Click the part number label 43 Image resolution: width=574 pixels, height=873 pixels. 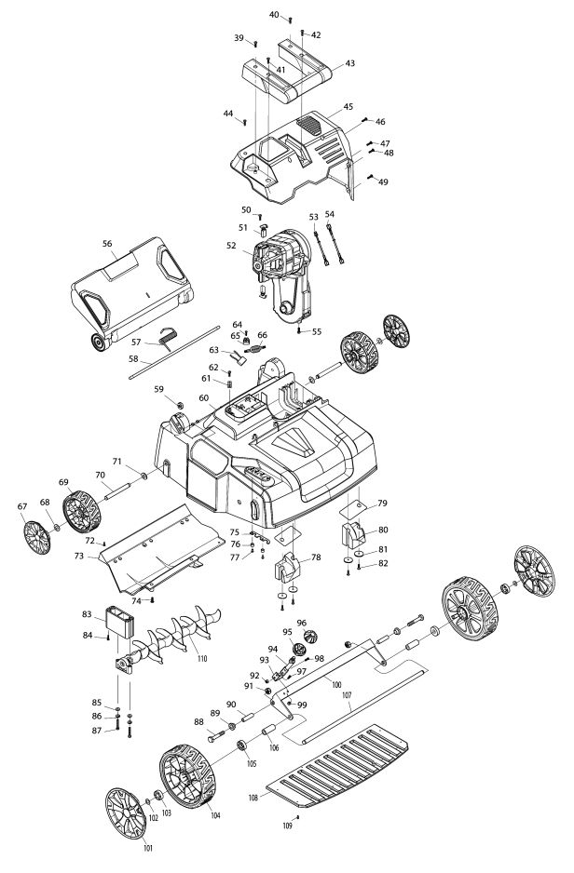[349, 63]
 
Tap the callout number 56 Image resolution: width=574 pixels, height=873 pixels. [107, 243]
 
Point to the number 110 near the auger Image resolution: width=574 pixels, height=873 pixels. [201, 658]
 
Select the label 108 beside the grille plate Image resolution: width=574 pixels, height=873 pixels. [253, 798]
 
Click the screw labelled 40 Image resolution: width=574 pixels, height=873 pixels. [291, 20]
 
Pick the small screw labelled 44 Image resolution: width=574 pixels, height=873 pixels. [244, 121]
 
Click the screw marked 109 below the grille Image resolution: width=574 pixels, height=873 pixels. [299, 816]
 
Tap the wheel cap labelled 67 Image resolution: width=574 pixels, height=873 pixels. [36, 537]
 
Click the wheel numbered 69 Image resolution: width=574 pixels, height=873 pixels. [81, 511]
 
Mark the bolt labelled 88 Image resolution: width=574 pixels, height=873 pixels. [215, 736]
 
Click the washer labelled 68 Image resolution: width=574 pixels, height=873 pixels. [57, 526]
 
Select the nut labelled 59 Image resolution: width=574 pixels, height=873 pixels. [180, 404]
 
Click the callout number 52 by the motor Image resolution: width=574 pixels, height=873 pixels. [231, 245]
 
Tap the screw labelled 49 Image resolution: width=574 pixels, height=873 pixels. [370, 178]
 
